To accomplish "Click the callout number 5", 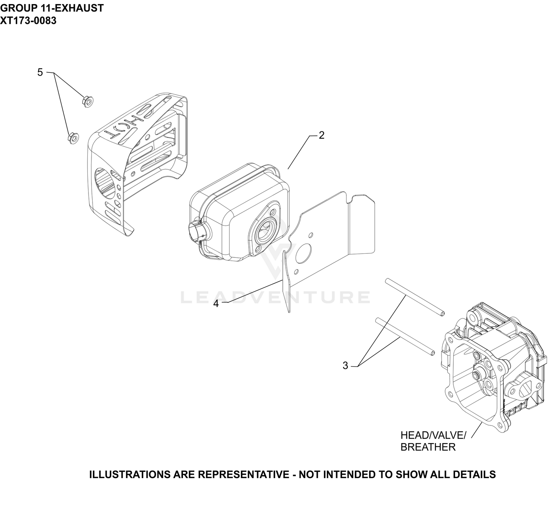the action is point(40,72).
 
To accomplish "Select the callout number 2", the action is point(322,135).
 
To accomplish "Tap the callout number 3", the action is point(345,366).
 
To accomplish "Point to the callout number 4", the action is point(216,304).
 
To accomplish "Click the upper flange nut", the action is point(88,101).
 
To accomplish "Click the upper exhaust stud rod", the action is point(414,297).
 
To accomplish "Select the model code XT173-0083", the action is point(28,21).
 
